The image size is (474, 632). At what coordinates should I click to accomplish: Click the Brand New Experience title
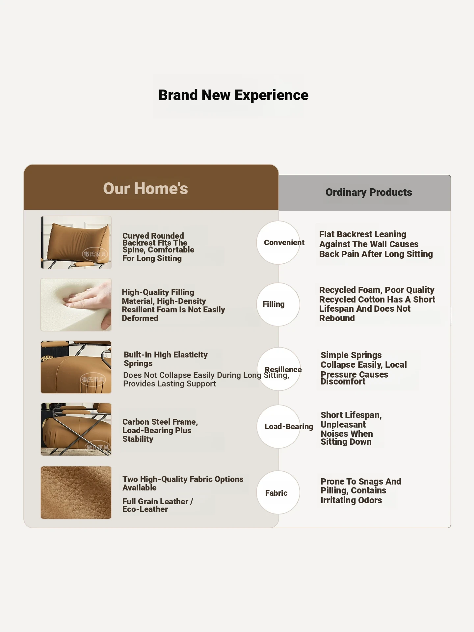click(x=233, y=95)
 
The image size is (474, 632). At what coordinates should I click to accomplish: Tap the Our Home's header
click(x=145, y=189)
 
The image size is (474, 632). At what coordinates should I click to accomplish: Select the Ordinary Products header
click(x=369, y=192)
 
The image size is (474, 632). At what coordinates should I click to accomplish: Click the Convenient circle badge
click(x=278, y=243)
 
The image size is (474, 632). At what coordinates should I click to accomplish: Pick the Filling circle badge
click(x=278, y=304)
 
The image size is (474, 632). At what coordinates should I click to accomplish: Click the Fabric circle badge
click(x=278, y=492)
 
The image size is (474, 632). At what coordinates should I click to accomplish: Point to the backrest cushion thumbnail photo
click(x=76, y=243)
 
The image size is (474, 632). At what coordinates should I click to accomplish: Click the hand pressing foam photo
click(x=76, y=305)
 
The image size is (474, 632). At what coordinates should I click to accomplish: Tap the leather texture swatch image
click(x=76, y=492)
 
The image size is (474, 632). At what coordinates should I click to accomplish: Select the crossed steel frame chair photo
click(x=76, y=430)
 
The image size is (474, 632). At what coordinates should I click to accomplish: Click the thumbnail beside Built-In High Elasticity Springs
click(x=76, y=367)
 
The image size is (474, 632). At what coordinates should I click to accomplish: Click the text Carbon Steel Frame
click(x=160, y=422)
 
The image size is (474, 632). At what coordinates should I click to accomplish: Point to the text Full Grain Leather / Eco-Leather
click(x=158, y=505)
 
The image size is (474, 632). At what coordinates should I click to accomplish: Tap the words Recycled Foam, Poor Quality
click(x=377, y=290)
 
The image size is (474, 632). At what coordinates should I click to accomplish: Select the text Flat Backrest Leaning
click(x=363, y=234)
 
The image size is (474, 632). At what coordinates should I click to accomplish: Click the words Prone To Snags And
click(x=361, y=482)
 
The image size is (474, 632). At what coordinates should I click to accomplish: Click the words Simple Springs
click(x=351, y=355)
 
